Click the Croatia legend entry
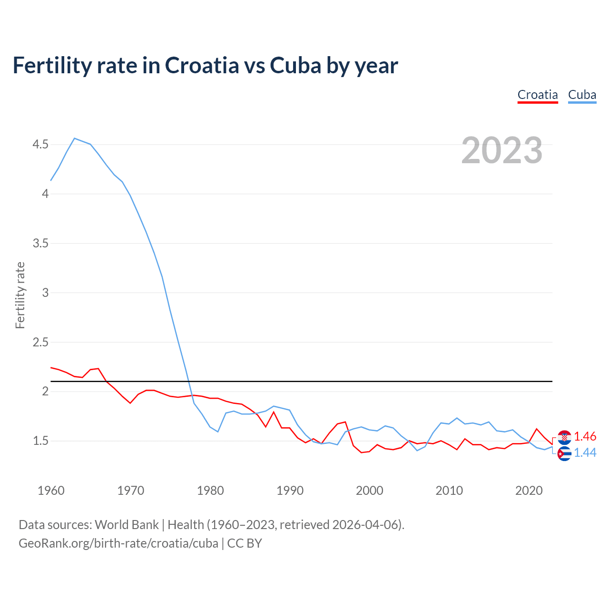[x=538, y=95]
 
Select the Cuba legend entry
[x=582, y=95]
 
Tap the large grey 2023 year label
[x=501, y=150]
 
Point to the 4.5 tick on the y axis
[x=40, y=144]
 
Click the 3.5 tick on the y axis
[x=40, y=243]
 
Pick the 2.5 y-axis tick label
[x=40, y=342]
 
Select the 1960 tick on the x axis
[x=51, y=491]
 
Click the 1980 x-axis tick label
[x=210, y=491]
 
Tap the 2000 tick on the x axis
[x=369, y=491]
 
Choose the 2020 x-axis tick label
[x=529, y=491]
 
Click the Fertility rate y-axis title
[x=20, y=295]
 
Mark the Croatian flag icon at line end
[x=564, y=437]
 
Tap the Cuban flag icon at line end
[x=564, y=453]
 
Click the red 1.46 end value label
[x=585, y=436]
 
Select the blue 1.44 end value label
[x=585, y=452]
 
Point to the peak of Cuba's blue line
[x=75, y=138]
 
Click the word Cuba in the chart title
[x=295, y=66]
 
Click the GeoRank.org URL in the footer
[x=118, y=543]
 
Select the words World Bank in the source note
[x=127, y=524]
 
